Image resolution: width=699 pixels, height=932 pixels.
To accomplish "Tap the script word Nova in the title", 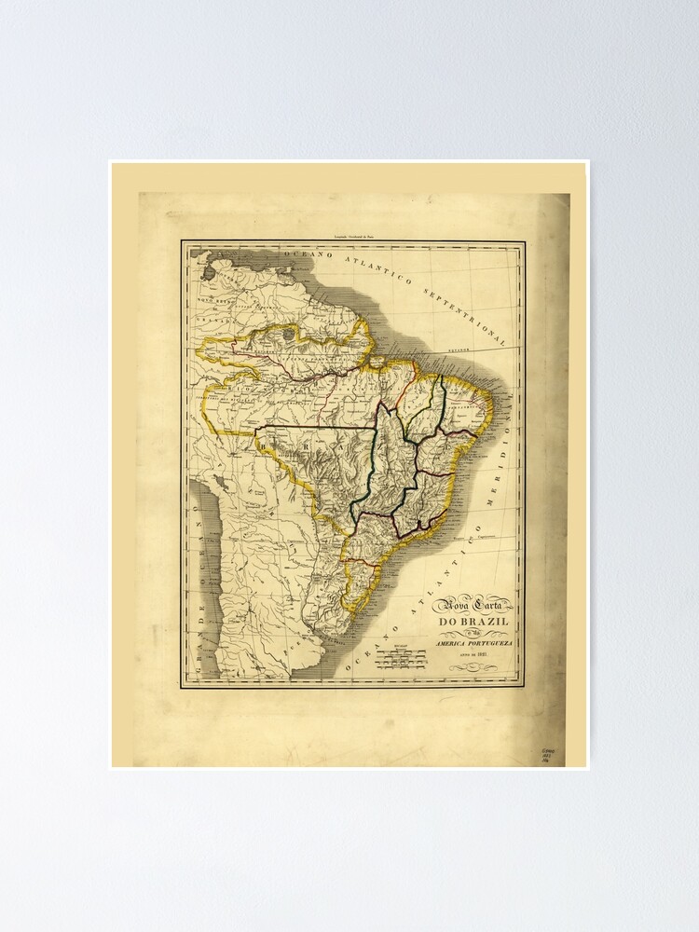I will point(451,603).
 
